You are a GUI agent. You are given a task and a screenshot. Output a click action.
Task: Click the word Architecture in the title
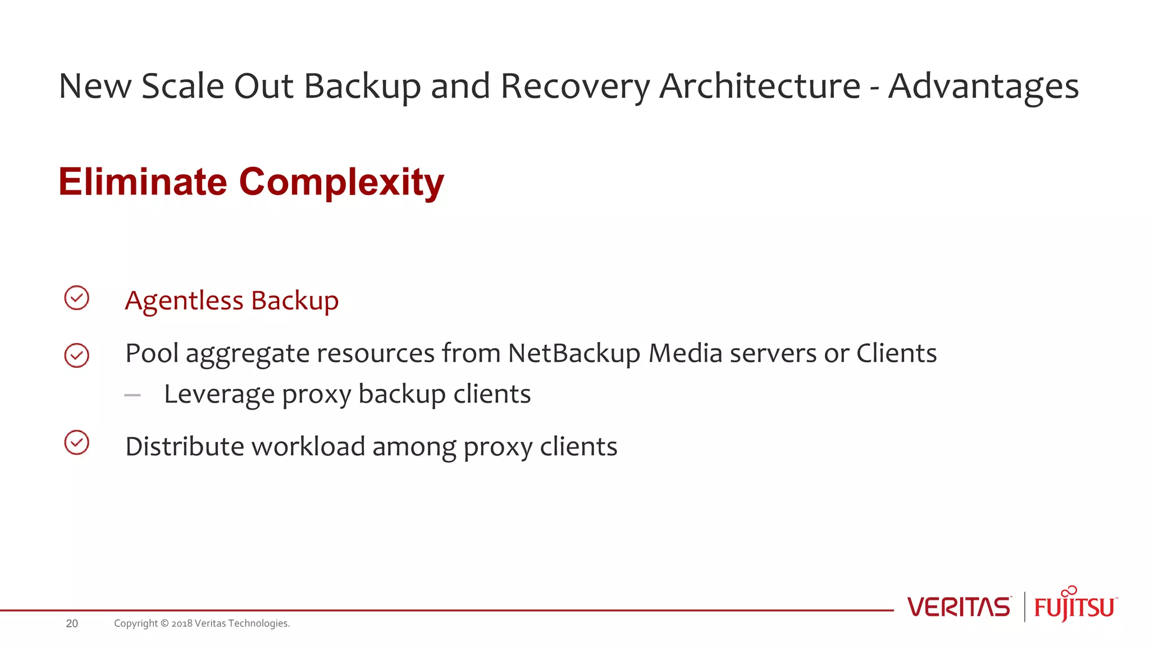coord(759,86)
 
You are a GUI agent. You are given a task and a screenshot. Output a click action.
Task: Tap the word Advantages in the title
coord(983,86)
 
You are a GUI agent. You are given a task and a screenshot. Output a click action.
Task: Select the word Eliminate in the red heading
coord(143,182)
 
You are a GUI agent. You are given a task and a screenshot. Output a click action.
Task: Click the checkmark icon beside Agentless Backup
coord(77,298)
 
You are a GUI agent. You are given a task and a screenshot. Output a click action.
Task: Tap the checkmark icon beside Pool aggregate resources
coord(77,356)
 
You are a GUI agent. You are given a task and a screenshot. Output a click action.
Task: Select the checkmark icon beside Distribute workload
coord(77,443)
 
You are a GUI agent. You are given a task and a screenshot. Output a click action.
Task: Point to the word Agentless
coord(184,301)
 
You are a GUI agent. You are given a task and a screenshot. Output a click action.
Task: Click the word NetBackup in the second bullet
coord(574,354)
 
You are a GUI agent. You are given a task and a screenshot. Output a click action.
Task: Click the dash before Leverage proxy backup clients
coord(133,395)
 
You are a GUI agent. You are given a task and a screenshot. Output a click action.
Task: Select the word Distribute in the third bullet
coord(185,447)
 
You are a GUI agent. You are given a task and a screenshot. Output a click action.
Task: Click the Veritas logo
coord(959,607)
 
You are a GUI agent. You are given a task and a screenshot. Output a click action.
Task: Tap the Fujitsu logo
coord(1075,605)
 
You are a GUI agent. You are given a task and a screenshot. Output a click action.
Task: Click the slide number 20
coord(72,623)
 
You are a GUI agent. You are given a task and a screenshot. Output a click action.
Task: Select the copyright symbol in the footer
coord(165,623)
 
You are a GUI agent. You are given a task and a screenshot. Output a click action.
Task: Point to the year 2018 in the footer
coord(182,623)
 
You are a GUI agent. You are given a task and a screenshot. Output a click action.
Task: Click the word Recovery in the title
coord(575,86)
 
